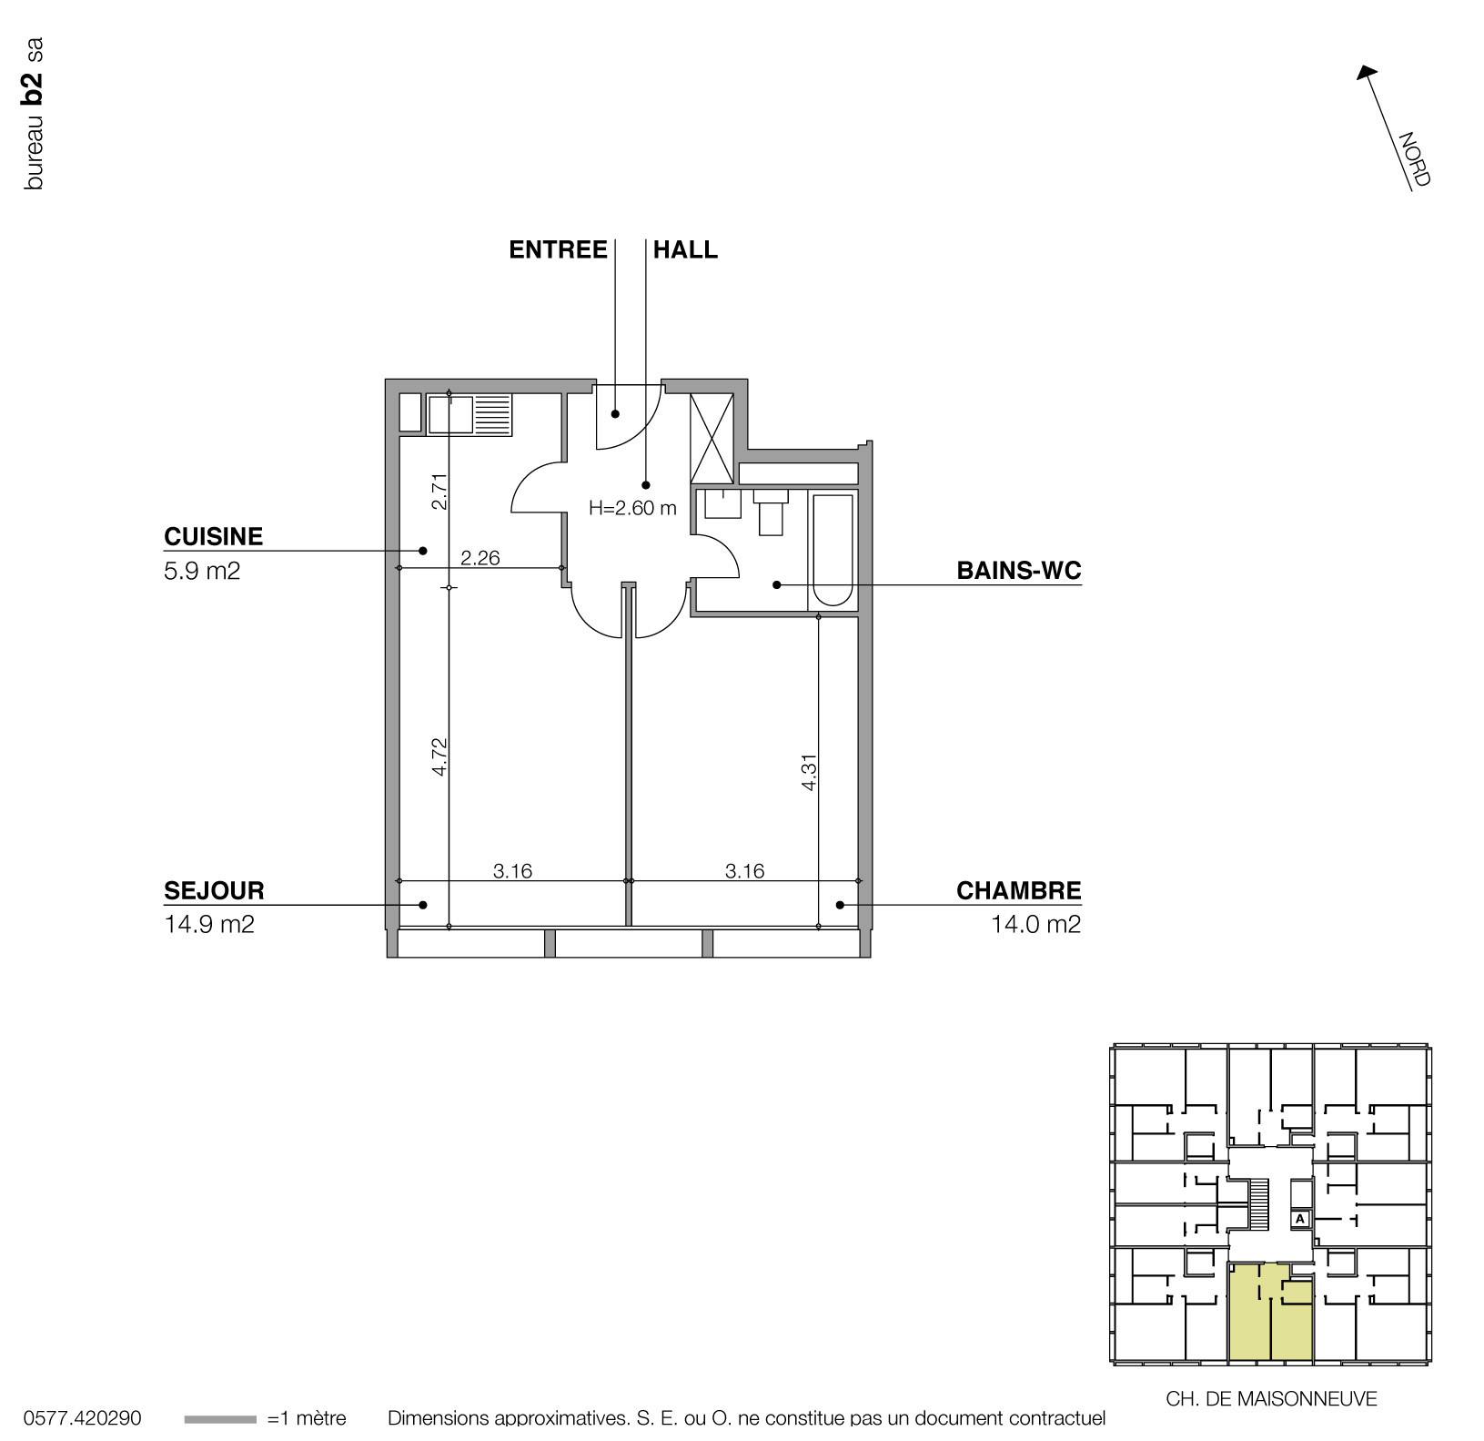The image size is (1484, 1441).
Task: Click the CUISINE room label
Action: (x=213, y=536)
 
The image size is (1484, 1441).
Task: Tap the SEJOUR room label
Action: (x=214, y=890)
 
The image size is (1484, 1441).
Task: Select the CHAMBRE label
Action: (x=1018, y=890)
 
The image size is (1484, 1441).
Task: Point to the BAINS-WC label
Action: (x=1018, y=571)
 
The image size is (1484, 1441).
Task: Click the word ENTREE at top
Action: (x=558, y=250)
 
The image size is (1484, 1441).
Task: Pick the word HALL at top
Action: (x=685, y=250)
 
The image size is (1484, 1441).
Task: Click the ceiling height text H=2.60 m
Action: (x=632, y=509)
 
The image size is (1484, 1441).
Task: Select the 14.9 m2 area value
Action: (x=209, y=925)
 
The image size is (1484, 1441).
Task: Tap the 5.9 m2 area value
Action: (x=202, y=572)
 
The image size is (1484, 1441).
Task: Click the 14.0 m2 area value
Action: (x=1035, y=925)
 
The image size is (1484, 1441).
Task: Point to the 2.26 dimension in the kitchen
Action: (x=480, y=558)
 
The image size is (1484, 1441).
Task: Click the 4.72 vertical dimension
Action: (x=439, y=756)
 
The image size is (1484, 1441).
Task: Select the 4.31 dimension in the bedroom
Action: (x=809, y=771)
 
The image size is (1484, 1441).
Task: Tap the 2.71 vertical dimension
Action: (x=439, y=491)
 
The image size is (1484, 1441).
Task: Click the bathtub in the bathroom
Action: (x=833, y=550)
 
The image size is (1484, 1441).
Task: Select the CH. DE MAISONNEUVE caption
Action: (x=1271, y=1399)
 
